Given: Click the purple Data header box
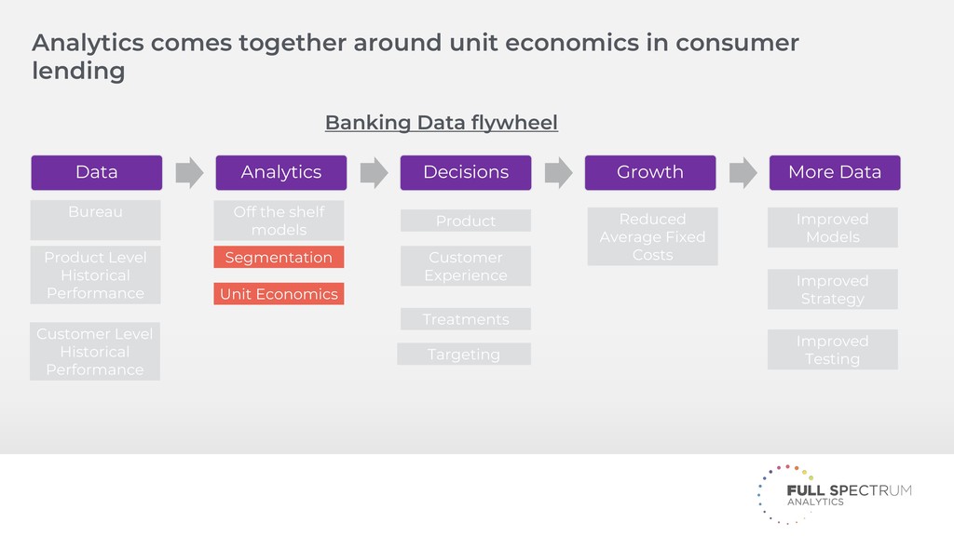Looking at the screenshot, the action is [x=96, y=172].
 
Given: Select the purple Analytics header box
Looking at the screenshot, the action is [x=280, y=172].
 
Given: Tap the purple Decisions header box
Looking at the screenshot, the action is [x=465, y=172].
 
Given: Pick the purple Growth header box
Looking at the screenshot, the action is [x=649, y=172].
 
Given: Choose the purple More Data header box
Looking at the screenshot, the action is [x=834, y=172].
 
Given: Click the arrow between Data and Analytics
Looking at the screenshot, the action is [x=189, y=172].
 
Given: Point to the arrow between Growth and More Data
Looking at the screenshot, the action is [x=743, y=172].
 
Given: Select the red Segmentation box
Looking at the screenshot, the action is [x=279, y=258].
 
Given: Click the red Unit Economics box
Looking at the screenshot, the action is [x=279, y=294].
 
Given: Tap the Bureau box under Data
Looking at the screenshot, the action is [x=95, y=219].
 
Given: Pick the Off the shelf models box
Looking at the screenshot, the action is [x=279, y=221].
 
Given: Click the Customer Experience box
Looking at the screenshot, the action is [x=465, y=266].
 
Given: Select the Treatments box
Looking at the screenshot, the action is [x=465, y=319].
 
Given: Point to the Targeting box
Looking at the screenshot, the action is [x=464, y=354].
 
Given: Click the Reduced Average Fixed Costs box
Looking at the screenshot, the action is [x=652, y=236].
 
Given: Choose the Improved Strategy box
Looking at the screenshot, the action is [x=832, y=289].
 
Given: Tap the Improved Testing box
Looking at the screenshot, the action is [x=832, y=350].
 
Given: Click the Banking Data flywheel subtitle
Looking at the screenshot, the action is [x=441, y=123].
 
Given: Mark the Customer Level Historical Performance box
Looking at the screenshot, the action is [x=95, y=351].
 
